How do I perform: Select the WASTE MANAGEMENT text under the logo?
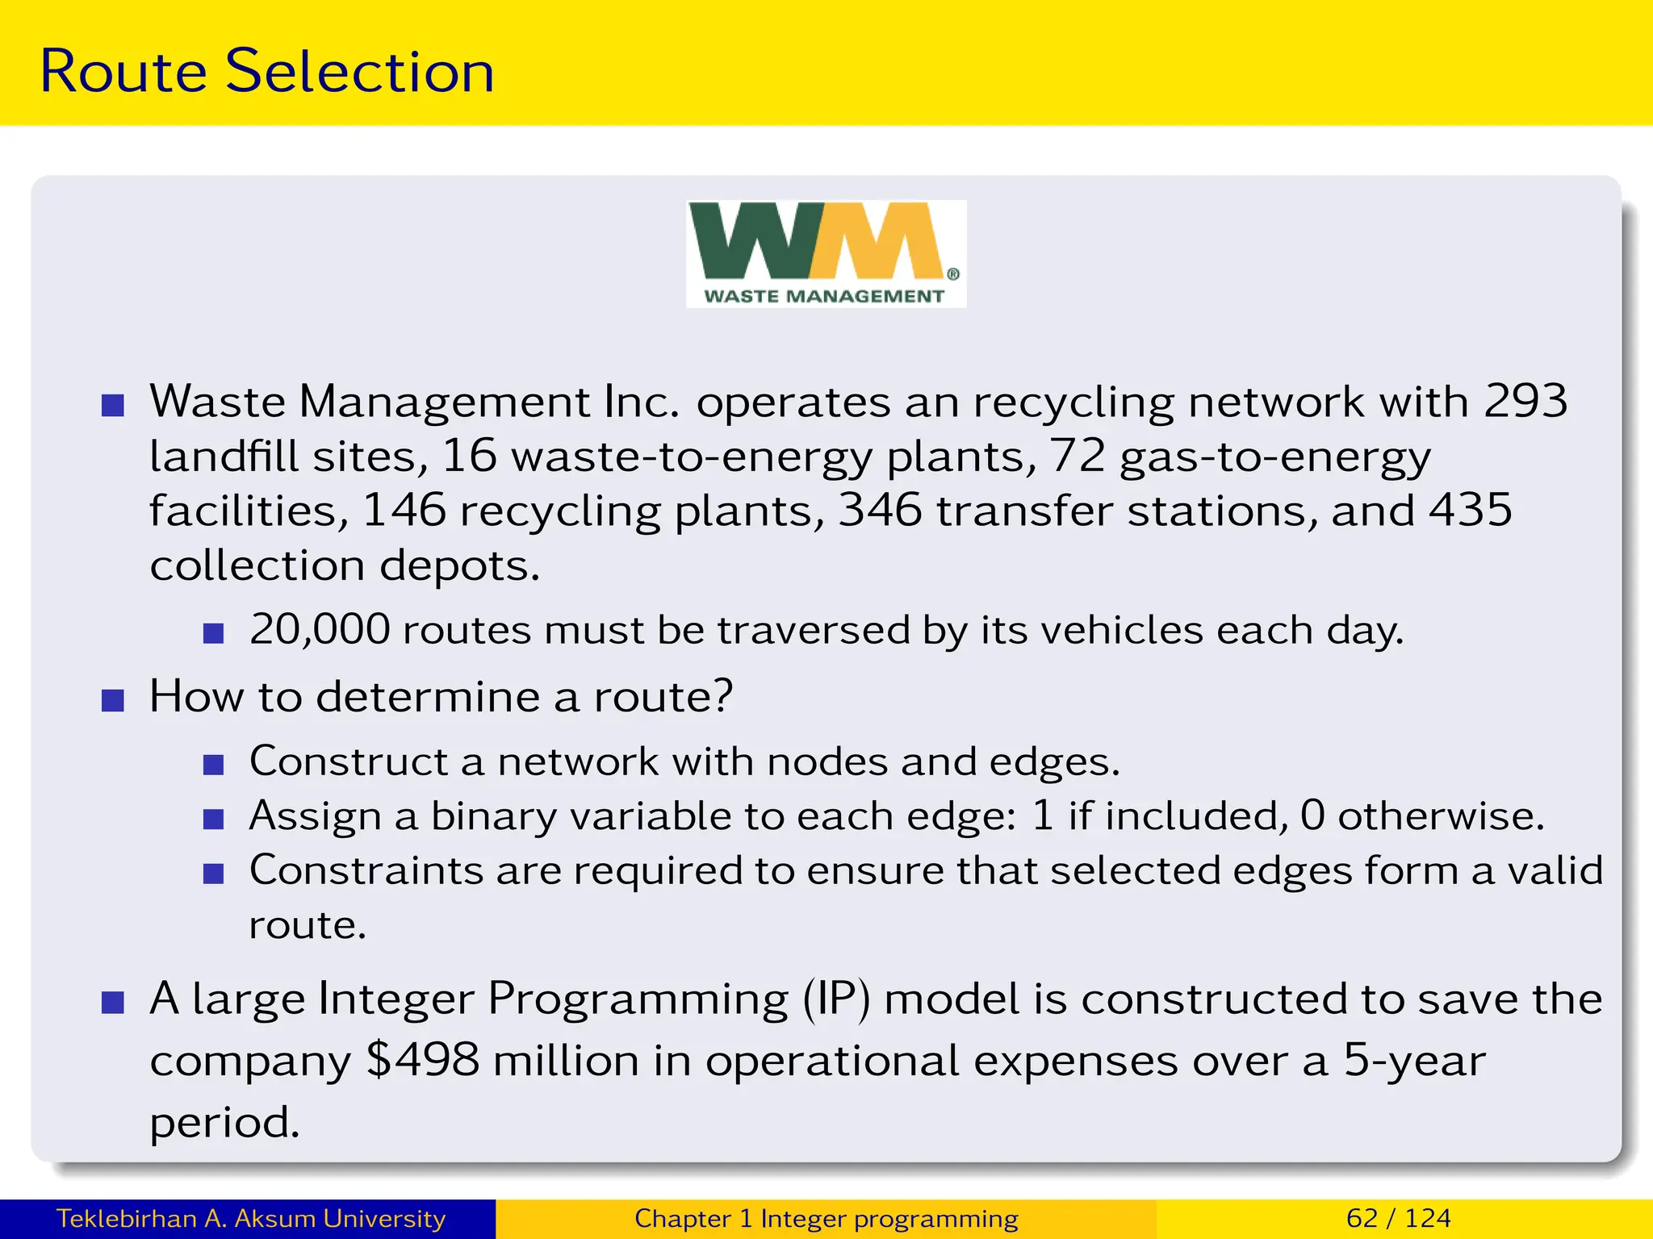click(824, 296)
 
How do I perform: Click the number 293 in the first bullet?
click(1525, 401)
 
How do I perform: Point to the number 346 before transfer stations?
click(880, 511)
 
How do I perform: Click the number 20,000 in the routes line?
click(320, 629)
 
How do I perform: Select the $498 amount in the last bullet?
click(422, 1060)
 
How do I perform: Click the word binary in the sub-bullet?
click(493, 816)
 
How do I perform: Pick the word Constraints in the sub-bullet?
click(366, 870)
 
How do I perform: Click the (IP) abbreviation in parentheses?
click(836, 999)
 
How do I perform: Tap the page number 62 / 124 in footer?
click(1398, 1218)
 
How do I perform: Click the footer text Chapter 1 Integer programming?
click(826, 1218)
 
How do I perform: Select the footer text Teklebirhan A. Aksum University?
click(250, 1218)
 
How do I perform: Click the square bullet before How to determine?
click(113, 699)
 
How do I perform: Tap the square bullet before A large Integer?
click(113, 1003)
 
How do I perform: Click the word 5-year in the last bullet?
click(1414, 1060)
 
